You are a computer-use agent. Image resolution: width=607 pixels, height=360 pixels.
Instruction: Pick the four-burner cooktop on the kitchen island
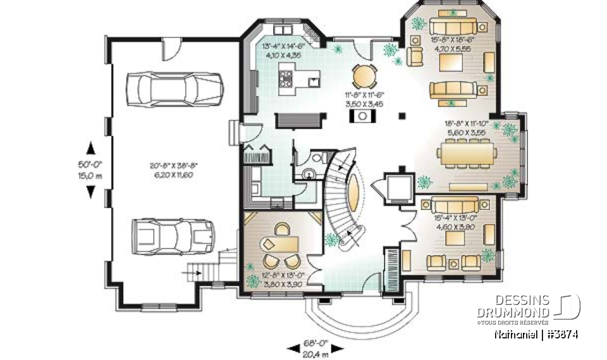285,79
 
